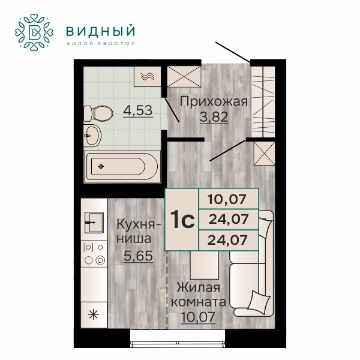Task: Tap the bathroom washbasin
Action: (92, 136)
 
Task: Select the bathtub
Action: (122, 167)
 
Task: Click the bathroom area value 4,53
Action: (138, 110)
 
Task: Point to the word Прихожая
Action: (214, 101)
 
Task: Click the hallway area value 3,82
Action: (214, 117)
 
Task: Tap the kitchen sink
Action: (94, 223)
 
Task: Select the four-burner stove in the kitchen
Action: (94, 254)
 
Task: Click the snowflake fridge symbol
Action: (94, 314)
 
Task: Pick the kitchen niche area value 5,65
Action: (138, 256)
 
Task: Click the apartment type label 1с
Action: (183, 220)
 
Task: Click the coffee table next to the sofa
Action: (205, 265)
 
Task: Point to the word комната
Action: (199, 302)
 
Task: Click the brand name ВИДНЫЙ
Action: (101, 31)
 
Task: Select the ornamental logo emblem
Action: (34, 32)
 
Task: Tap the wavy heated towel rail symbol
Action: (147, 76)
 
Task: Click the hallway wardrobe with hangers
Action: (263, 101)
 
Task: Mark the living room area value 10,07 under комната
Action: (199, 317)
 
